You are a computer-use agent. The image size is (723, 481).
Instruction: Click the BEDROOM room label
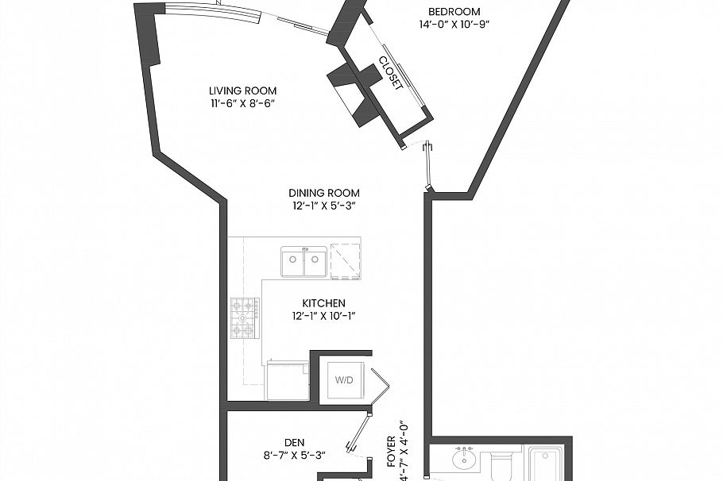454,11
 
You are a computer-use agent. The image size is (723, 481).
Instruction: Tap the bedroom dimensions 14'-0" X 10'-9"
454,25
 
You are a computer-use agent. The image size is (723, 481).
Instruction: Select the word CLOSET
390,74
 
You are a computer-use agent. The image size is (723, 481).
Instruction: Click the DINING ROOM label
323,193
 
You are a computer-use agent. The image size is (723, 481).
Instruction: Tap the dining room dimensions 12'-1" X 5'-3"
323,206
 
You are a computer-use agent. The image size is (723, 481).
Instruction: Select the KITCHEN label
323,303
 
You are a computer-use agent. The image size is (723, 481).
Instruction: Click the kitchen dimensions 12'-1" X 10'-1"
323,317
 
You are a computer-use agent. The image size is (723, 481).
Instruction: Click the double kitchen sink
304,262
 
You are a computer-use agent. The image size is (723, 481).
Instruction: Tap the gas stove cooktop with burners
245,317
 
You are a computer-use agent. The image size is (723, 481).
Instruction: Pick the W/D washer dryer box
344,380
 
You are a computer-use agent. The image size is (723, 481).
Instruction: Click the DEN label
295,443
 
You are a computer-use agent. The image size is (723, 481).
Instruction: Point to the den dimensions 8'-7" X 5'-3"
295,456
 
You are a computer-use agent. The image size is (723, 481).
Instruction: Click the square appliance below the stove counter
287,380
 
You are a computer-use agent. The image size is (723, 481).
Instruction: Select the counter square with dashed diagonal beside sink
346,260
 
